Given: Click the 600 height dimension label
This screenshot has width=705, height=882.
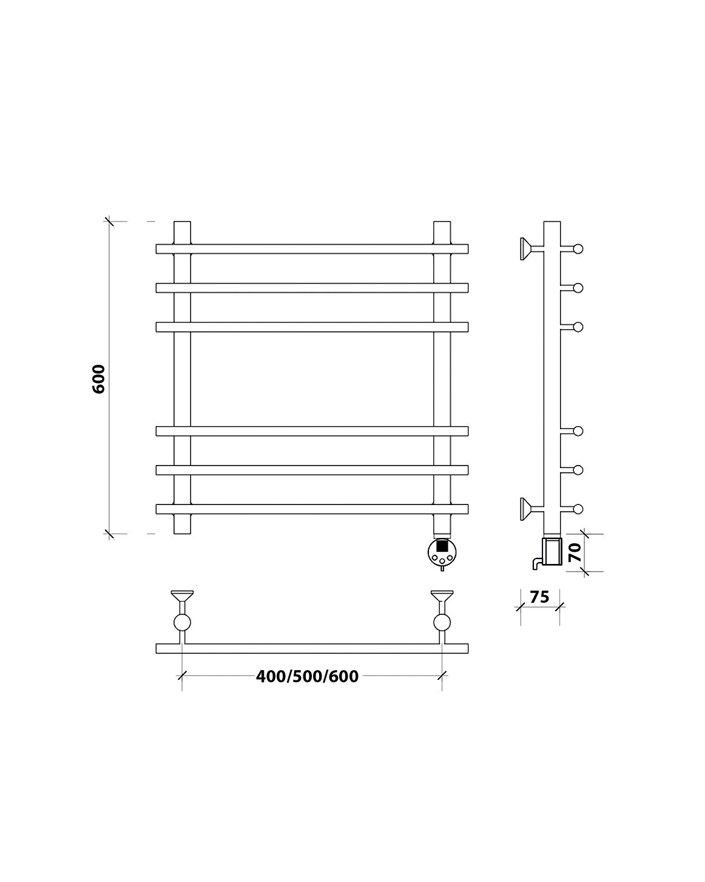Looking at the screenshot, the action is point(99,379).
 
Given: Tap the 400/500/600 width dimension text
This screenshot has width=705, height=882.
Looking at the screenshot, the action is point(307,677).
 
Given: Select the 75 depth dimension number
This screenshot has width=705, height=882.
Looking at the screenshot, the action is point(539,597).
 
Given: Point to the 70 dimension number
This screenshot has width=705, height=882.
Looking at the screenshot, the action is point(575,552).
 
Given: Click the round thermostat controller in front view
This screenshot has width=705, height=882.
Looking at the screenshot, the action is point(442,552).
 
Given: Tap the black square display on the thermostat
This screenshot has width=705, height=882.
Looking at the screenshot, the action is point(442,546).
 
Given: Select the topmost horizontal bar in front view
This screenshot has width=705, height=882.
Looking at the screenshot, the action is point(312,249).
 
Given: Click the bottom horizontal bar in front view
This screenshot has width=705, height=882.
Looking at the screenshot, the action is point(312,509).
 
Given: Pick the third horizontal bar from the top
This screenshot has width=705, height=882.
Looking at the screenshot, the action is point(312,327).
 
